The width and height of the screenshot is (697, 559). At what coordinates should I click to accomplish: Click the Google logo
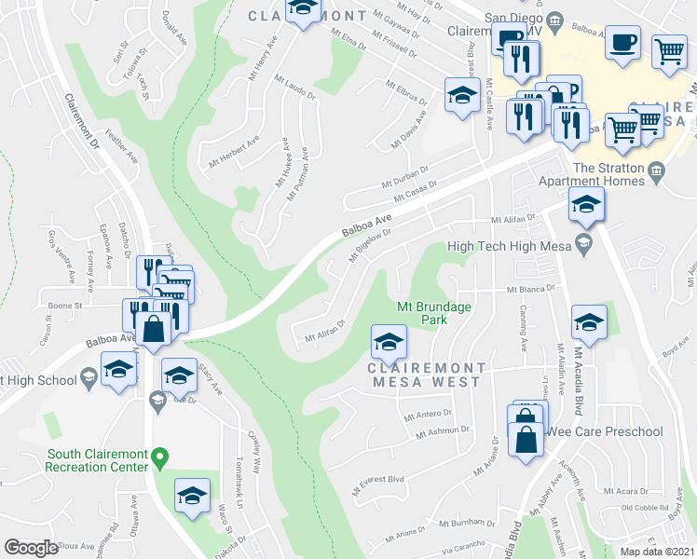[31, 548]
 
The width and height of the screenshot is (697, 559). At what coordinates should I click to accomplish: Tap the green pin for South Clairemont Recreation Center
[159, 457]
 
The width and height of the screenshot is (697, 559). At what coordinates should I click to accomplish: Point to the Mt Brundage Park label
[434, 312]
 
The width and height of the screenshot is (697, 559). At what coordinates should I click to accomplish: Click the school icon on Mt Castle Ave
[461, 95]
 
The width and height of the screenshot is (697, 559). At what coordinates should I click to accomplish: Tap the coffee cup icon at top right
[623, 42]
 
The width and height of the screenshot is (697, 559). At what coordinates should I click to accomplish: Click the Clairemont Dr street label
[82, 121]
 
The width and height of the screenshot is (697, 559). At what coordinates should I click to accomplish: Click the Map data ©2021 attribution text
[658, 552]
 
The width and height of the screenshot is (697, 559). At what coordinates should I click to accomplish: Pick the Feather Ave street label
[122, 147]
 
